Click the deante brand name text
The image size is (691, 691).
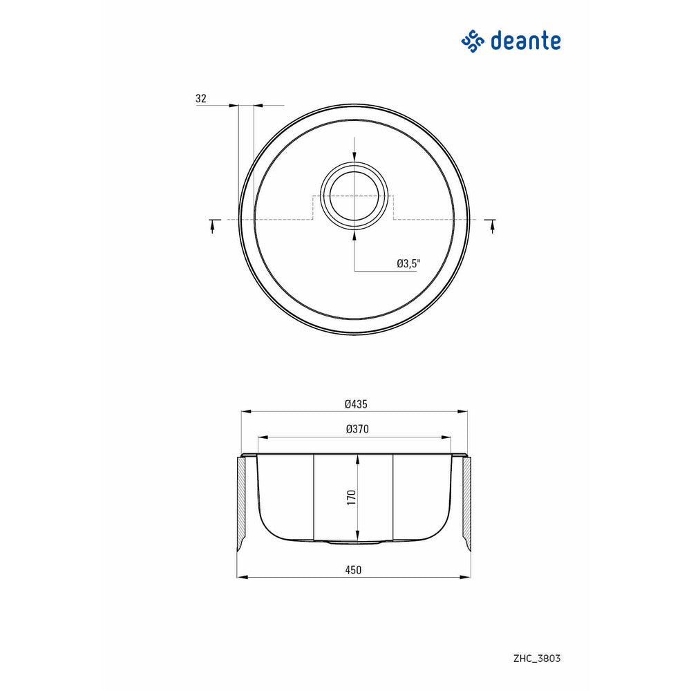coord(525,41)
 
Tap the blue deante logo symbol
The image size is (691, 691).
coord(473,41)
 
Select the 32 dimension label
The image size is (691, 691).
coord(201,98)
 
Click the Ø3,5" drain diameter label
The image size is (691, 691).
coord(408,263)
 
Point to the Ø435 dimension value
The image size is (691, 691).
coord(356,404)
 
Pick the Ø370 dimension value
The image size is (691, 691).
coord(357,429)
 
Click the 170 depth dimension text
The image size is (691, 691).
coord(351,497)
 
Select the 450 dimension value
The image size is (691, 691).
coord(353,570)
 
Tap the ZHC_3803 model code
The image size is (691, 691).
coord(537,659)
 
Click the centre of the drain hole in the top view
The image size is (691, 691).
coord(354,196)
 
